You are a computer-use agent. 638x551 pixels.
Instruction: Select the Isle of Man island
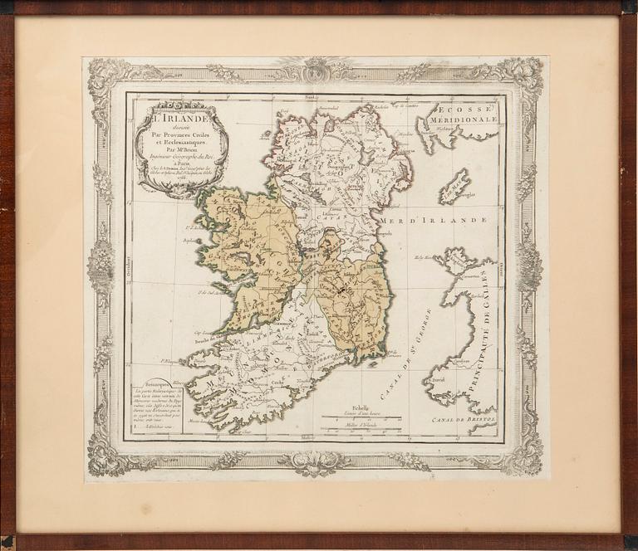pyautogui.click(x=454, y=186)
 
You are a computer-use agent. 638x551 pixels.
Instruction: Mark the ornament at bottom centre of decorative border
pyautogui.click(x=317, y=461)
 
